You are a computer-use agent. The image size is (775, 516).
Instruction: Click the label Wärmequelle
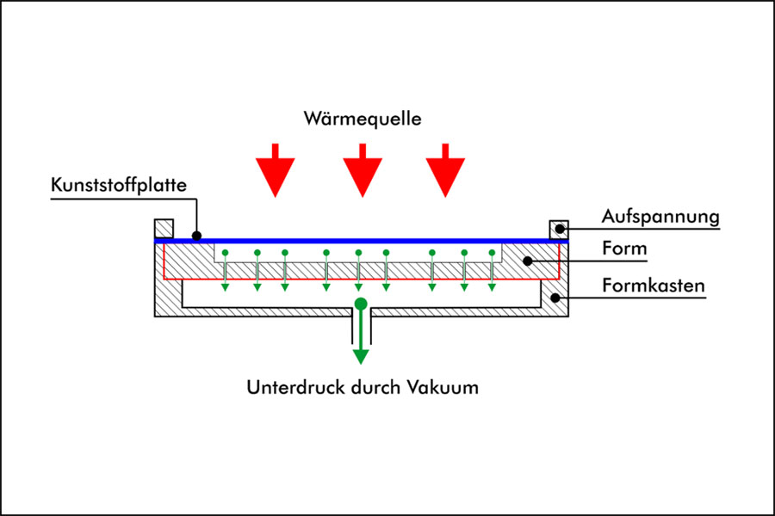(363, 119)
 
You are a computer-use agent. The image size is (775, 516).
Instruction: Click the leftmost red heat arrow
(275, 170)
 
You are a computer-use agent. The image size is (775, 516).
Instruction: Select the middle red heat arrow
(362, 170)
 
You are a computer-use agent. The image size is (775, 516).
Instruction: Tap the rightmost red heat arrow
(446, 170)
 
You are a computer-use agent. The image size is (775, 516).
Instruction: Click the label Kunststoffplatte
(119, 184)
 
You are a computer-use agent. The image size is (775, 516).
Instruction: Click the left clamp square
(164, 228)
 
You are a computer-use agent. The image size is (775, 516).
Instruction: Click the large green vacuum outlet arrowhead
(361, 355)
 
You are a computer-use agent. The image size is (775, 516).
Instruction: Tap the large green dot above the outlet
(361, 304)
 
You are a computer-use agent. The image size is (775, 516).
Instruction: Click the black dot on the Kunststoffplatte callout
(197, 235)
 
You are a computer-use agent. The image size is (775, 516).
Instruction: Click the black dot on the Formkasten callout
(556, 298)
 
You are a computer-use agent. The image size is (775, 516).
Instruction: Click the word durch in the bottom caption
(375, 387)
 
